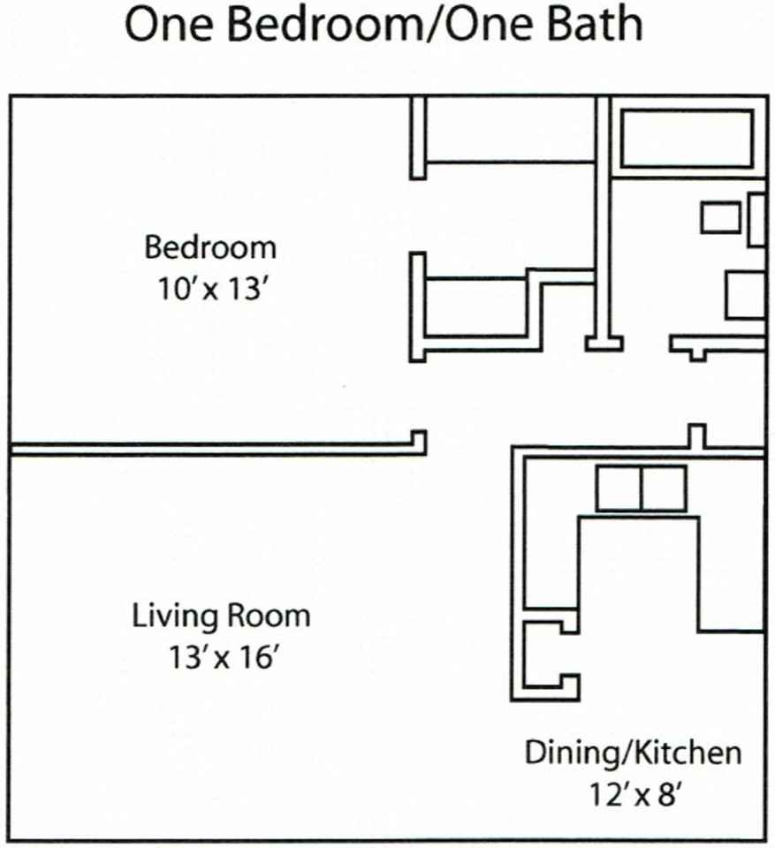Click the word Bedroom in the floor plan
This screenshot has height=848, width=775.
[x=210, y=246]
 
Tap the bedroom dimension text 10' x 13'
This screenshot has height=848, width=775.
[x=210, y=289]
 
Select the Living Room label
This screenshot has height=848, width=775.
[x=221, y=615]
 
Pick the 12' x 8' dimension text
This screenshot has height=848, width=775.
[x=633, y=794]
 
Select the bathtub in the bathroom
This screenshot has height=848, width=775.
[x=687, y=139]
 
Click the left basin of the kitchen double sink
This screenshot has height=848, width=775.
[x=618, y=488]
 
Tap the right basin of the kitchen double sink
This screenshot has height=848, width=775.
[x=663, y=488]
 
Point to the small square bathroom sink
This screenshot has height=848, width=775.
[x=720, y=217]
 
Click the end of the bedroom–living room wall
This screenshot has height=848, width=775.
[x=419, y=442]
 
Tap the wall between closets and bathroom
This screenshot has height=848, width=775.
[x=604, y=221]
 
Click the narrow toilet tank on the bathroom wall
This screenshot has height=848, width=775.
[x=756, y=219]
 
